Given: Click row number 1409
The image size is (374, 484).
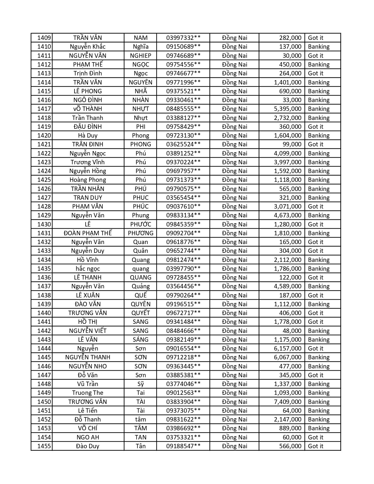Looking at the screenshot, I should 44,38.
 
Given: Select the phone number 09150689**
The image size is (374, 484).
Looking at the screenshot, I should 183,47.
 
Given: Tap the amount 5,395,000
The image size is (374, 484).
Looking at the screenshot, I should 287,109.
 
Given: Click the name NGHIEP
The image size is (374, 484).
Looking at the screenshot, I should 141,56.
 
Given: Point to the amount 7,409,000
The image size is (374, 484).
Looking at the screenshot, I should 287,402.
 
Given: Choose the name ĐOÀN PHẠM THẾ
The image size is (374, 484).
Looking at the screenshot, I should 88,233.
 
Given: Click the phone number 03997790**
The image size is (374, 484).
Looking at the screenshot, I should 183,269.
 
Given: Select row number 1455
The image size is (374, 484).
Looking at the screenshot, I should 44,446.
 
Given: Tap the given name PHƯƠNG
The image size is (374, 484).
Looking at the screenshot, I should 141,233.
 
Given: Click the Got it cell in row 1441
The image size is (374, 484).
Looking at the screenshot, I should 316,322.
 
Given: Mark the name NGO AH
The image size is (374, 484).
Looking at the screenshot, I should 88,437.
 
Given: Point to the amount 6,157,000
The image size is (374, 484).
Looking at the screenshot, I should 287,348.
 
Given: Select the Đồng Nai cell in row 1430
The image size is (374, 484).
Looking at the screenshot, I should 234,224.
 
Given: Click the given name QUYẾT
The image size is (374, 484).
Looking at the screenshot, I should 141,313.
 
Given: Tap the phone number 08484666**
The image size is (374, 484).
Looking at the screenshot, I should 183,331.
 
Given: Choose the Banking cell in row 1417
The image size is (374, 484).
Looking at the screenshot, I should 319,109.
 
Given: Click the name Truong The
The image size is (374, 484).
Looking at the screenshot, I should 88,393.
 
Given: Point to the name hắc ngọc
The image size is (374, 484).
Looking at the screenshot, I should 88,269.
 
